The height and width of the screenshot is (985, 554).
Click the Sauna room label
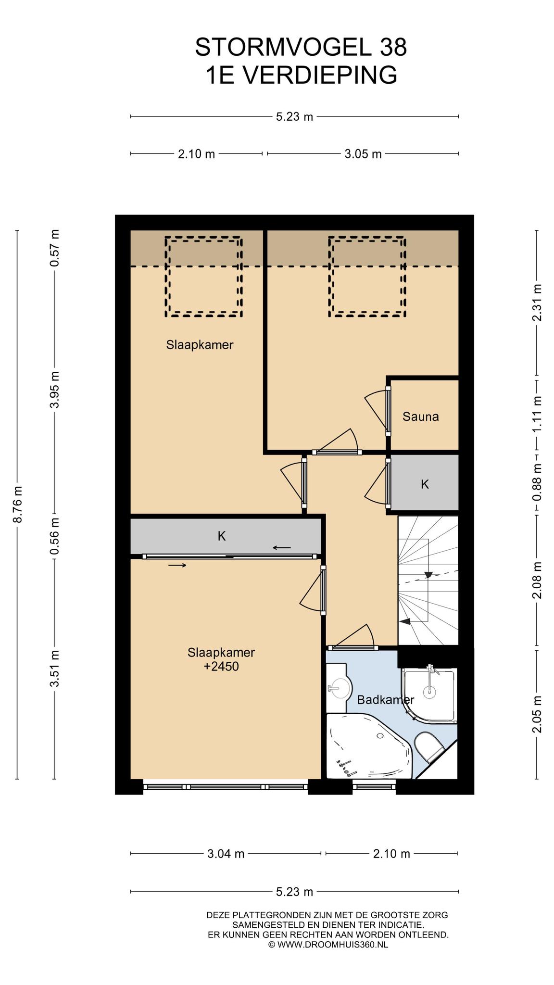pyautogui.click(x=420, y=417)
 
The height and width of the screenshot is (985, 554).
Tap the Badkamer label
pyautogui.click(x=385, y=700)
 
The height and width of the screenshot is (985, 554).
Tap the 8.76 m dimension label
pyautogui.click(x=17, y=504)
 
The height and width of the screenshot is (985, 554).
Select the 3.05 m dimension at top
pyautogui.click(x=363, y=154)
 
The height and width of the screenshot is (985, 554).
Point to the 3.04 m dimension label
pyautogui.click(x=226, y=854)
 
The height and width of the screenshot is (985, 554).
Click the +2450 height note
pyautogui.click(x=221, y=667)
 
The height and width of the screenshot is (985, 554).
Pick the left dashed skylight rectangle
pyautogui.click(x=203, y=277)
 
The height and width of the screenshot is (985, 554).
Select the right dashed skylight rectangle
pyautogui.click(x=367, y=277)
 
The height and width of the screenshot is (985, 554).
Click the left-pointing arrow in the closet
pyautogui.click(x=282, y=547)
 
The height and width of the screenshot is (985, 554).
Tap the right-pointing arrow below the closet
pyautogui.click(x=177, y=566)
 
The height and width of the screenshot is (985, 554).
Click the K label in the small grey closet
pyautogui.click(x=425, y=484)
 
